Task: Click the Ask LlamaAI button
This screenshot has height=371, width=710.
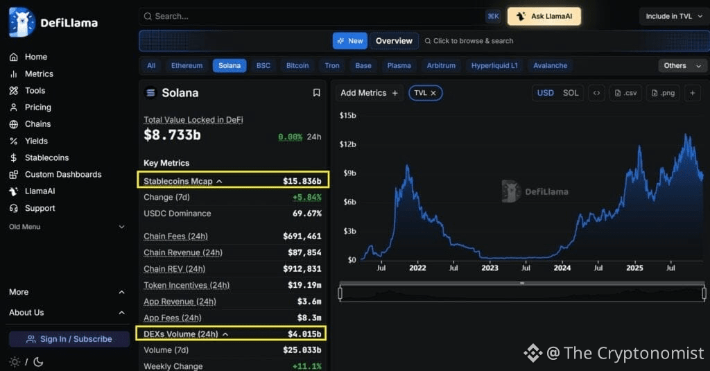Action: [x=544, y=16]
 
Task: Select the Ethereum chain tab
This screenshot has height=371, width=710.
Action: [x=187, y=66]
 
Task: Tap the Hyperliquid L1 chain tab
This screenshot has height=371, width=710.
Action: [x=494, y=66]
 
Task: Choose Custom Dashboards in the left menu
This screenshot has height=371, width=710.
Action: [x=63, y=174]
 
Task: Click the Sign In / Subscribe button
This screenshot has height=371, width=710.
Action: [x=69, y=339]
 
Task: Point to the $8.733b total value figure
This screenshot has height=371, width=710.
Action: [x=172, y=135]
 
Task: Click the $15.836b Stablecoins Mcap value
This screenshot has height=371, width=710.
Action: [x=302, y=181]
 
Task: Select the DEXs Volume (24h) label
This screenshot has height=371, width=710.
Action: [x=180, y=334]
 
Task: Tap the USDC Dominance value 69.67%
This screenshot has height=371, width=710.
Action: [x=306, y=214]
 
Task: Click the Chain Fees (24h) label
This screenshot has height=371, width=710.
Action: [x=175, y=236]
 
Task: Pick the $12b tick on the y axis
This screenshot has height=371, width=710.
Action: [x=347, y=144]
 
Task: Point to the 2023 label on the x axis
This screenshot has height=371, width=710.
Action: [x=490, y=268]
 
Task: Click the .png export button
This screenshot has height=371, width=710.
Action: [x=662, y=93]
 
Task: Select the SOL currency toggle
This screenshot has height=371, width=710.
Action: [x=570, y=93]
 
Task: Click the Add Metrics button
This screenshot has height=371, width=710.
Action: [x=369, y=93]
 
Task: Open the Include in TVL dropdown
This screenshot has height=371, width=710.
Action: [x=673, y=16]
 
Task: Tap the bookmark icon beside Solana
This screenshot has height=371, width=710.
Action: [x=316, y=93]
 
